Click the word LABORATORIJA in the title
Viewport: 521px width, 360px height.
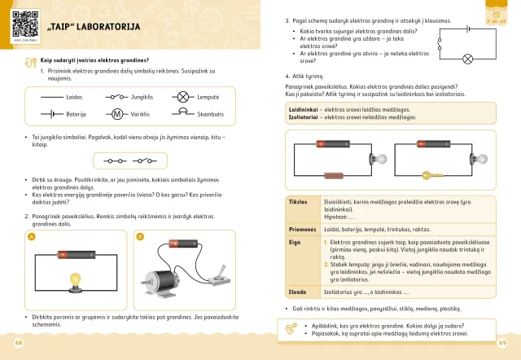coord(106,28)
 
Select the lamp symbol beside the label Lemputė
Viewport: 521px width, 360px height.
coord(181,97)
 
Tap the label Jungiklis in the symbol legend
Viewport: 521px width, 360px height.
coord(142,97)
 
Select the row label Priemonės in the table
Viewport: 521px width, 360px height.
coord(301,230)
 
